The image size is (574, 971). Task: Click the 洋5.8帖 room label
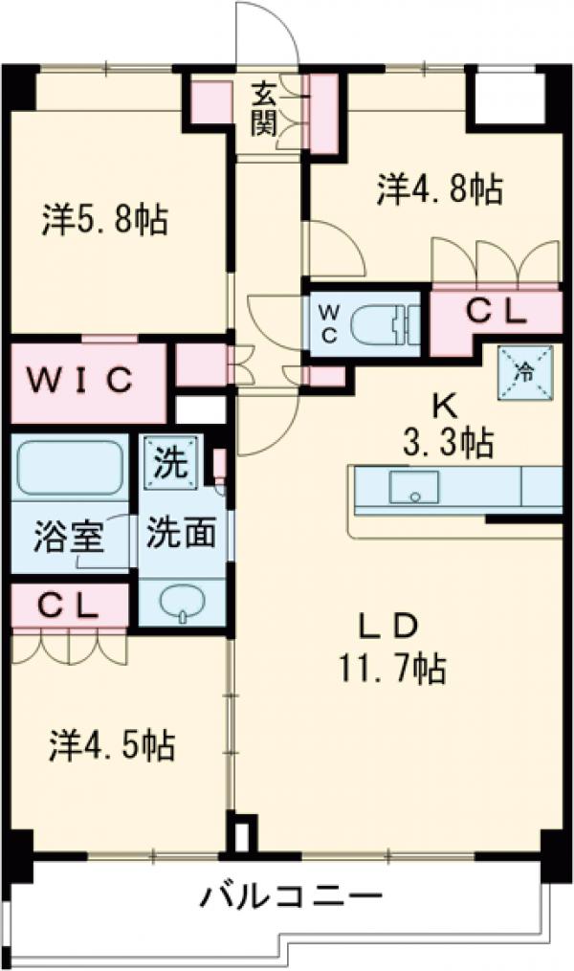click(x=104, y=221)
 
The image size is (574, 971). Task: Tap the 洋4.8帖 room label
click(x=440, y=189)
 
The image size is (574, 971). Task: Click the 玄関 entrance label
click(x=265, y=107)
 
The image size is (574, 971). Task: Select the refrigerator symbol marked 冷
click(x=524, y=373)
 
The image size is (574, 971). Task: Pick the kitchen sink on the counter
click(x=413, y=486)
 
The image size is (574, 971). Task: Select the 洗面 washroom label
click(x=180, y=534)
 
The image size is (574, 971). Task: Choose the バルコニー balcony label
click(x=291, y=898)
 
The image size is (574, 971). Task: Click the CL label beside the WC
click(x=495, y=311)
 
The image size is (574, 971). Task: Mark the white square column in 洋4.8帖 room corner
click(x=503, y=99)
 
